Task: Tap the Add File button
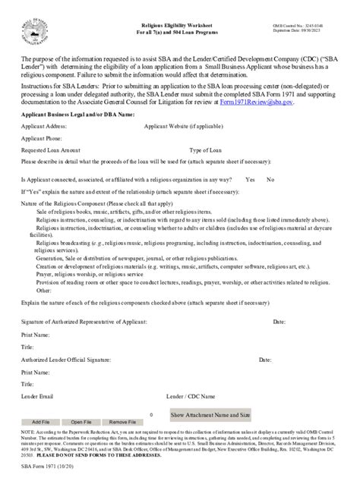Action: [40, 421]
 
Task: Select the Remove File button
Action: [122, 421]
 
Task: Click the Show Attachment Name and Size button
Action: [210, 416]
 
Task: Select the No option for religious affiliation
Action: [270, 180]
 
